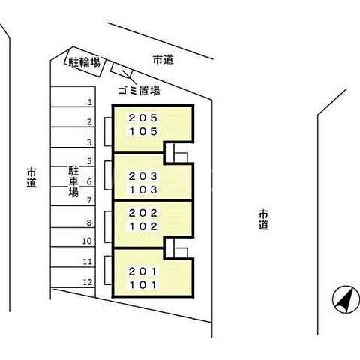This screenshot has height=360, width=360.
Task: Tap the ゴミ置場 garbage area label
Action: pyautogui.click(x=139, y=91)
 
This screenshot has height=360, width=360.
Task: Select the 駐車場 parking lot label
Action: pyautogui.click(x=73, y=181)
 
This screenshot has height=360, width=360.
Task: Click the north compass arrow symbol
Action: pyautogui.click(x=343, y=300)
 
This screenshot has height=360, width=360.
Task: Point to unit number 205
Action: pyautogui.click(x=142, y=118)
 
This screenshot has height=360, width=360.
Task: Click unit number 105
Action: pyautogui.click(x=142, y=132)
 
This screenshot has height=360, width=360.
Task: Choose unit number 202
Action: pyautogui.click(x=142, y=212)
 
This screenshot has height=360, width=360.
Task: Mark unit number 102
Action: pyautogui.click(x=142, y=226)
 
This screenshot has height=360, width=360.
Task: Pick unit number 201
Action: pyautogui.click(x=142, y=271)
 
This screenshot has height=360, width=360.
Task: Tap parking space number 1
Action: pyautogui.click(x=89, y=102)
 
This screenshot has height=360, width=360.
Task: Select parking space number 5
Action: pyautogui.click(x=89, y=161)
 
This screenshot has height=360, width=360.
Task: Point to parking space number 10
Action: pyautogui.click(x=87, y=241)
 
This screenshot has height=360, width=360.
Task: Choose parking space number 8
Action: pyautogui.click(x=89, y=222)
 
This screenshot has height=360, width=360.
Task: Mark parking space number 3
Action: pyautogui.click(x=89, y=142)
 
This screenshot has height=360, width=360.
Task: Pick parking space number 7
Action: pyautogui.click(x=89, y=200)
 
